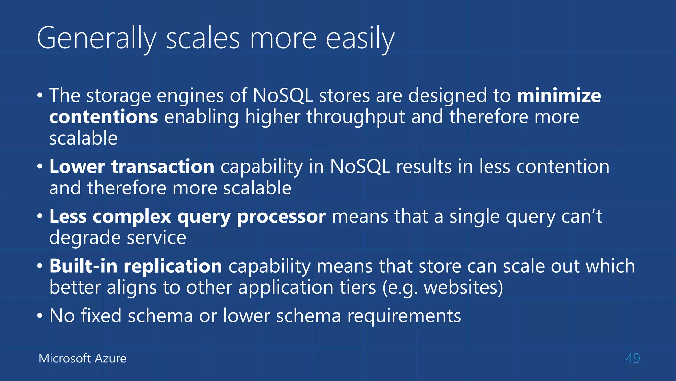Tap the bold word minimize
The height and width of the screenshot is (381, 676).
click(x=559, y=96)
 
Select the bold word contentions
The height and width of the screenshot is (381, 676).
click(x=104, y=117)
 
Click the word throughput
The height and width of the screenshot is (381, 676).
click(x=355, y=117)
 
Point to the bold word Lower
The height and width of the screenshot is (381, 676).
click(x=77, y=166)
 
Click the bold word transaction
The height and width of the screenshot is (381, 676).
click(x=163, y=166)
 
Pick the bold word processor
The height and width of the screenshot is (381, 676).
click(x=281, y=217)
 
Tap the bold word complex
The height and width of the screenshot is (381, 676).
click(x=132, y=217)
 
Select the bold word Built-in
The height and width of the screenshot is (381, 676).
click(x=83, y=266)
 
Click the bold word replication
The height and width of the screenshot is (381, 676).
click(x=173, y=266)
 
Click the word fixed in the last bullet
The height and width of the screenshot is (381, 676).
click(x=101, y=316)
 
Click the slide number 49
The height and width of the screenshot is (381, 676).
click(x=632, y=358)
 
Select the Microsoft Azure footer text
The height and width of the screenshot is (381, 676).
click(x=82, y=358)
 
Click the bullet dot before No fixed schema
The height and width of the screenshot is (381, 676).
click(x=40, y=316)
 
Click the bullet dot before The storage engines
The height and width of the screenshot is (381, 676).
click(x=40, y=96)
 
